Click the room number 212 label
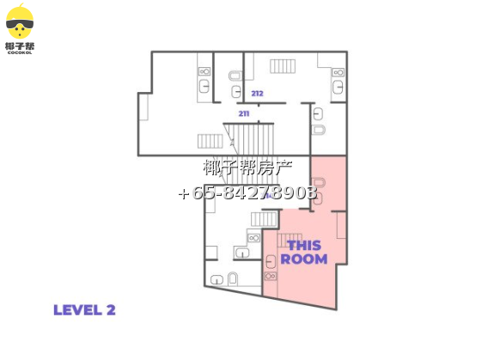pyautogui.click(x=257, y=94)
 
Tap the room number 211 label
pyautogui.click(x=244, y=113)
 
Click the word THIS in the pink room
pyautogui.click(x=304, y=246)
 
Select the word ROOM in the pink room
pyautogui.click(x=304, y=259)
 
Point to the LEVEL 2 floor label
pyautogui.click(x=84, y=310)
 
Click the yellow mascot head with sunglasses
pyautogui.click(x=20, y=22)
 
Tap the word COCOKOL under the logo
pyautogui.click(x=20, y=53)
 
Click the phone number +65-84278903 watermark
pyautogui.click(x=247, y=192)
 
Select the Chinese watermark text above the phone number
pyautogui.click(x=247, y=168)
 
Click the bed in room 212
pyautogui.click(x=283, y=66)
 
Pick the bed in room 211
pyautogui.click(x=210, y=141)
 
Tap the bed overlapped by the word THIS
pyautogui.click(x=290, y=241)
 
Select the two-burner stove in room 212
pyautogui.click(x=338, y=72)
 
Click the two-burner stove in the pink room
pyautogui.click(x=271, y=276)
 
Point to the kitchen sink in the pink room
pyautogui.click(x=271, y=261)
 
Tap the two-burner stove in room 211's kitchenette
pyautogui.click(x=204, y=71)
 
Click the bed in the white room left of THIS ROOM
pyautogui.click(x=264, y=219)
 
